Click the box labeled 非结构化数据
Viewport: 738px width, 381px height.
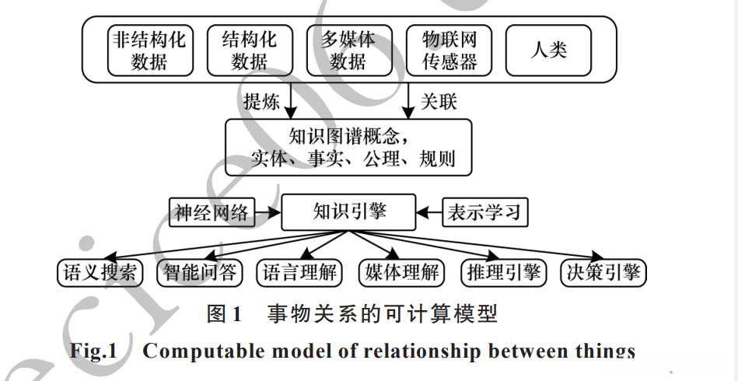click(x=149, y=51)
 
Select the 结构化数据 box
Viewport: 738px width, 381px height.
click(x=249, y=51)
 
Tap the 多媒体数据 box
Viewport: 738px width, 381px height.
click(x=348, y=51)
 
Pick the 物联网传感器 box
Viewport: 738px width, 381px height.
click(x=449, y=51)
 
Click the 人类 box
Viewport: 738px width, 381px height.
click(x=548, y=51)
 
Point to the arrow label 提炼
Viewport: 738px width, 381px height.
click(x=261, y=102)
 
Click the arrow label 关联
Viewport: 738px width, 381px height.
click(x=439, y=102)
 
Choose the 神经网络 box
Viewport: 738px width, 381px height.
click(x=212, y=212)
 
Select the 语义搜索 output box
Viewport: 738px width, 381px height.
click(x=100, y=272)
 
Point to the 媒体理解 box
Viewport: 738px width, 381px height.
click(x=401, y=272)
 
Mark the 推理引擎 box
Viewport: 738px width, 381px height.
click(x=502, y=272)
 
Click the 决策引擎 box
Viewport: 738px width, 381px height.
click(x=603, y=272)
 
